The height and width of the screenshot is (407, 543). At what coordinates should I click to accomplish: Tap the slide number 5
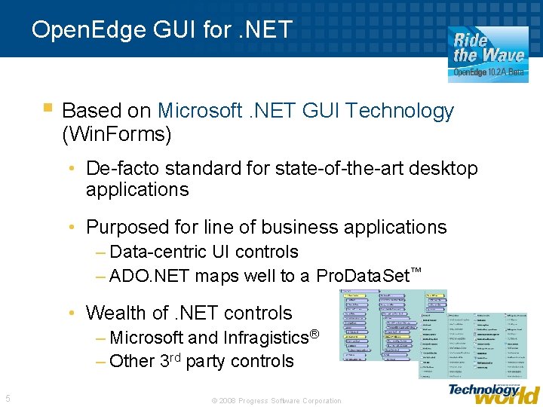[8, 399]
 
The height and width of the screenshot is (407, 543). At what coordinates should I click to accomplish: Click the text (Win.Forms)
[117, 135]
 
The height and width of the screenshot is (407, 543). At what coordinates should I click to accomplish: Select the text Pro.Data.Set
[363, 276]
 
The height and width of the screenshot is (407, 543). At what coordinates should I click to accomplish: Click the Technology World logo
[494, 392]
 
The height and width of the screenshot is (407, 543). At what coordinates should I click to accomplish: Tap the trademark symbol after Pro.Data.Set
[415, 270]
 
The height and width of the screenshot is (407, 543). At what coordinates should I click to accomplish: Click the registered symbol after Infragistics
[315, 332]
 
